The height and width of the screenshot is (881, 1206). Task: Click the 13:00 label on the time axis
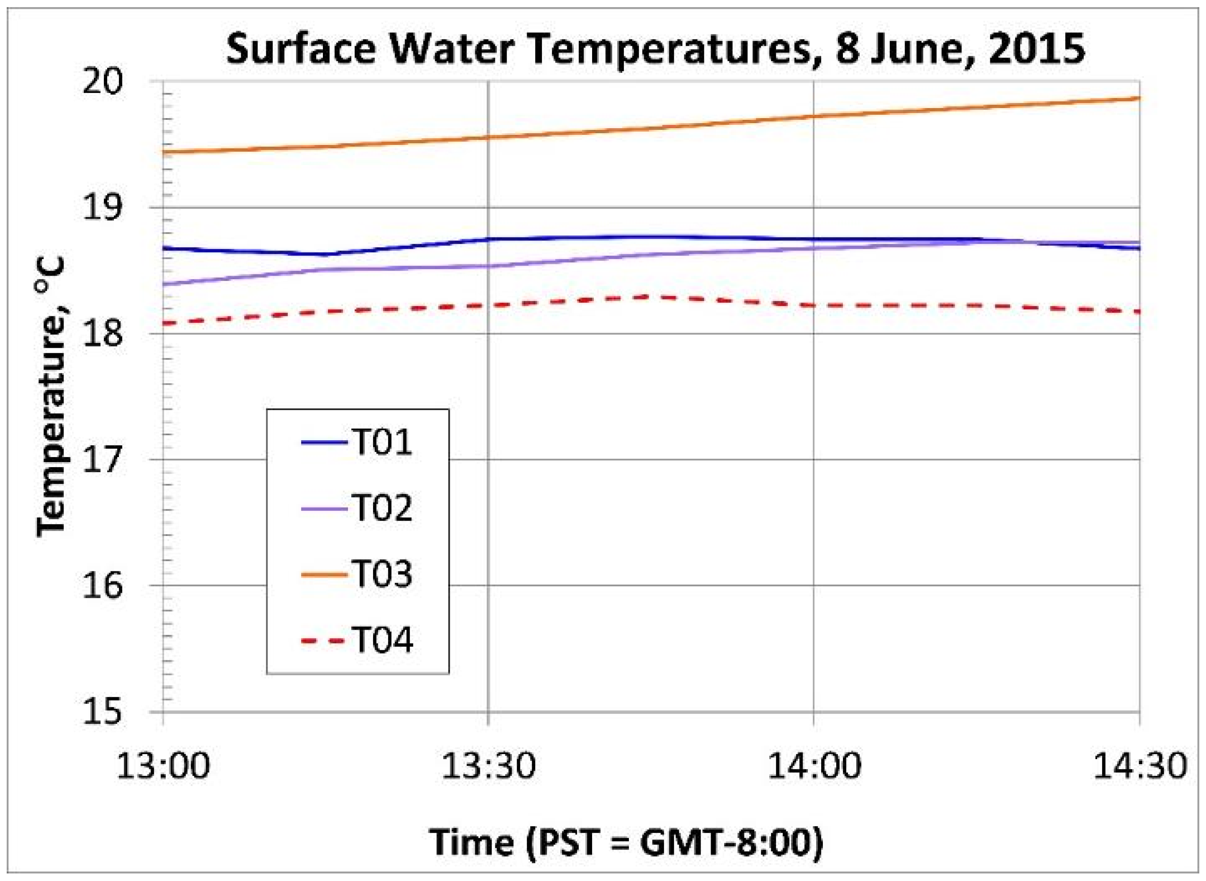pos(163,767)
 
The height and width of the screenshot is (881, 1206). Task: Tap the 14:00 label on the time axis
pos(814,767)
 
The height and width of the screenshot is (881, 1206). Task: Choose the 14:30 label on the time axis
pos(1140,767)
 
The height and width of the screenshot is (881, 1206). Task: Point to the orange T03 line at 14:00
pos(814,116)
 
